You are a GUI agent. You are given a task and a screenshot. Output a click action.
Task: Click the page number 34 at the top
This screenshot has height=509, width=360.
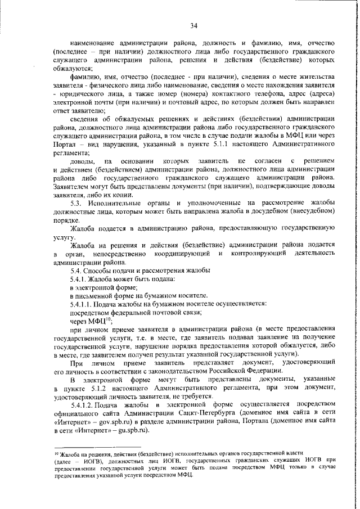pos(193,25)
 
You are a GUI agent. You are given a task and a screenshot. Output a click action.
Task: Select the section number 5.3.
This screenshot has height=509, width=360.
pos(78,202)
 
